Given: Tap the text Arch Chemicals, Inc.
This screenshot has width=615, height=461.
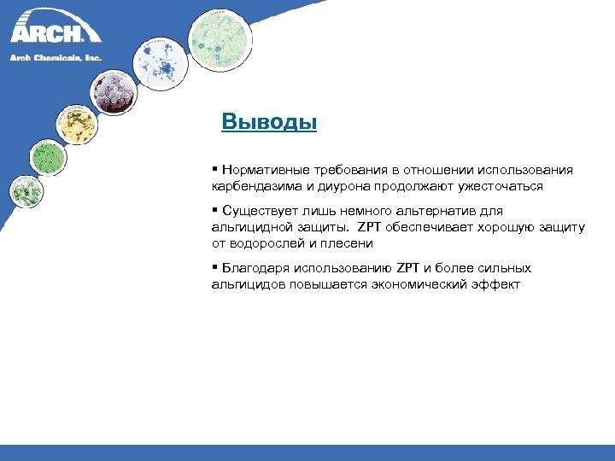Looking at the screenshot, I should (x=56, y=57).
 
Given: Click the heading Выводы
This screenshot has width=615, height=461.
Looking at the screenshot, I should (x=269, y=121).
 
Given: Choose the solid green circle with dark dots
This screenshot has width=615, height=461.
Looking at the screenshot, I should (x=47, y=157).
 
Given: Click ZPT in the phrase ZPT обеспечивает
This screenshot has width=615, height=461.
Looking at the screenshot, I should (x=369, y=227).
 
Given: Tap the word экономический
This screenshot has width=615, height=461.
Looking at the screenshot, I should (x=420, y=283).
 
